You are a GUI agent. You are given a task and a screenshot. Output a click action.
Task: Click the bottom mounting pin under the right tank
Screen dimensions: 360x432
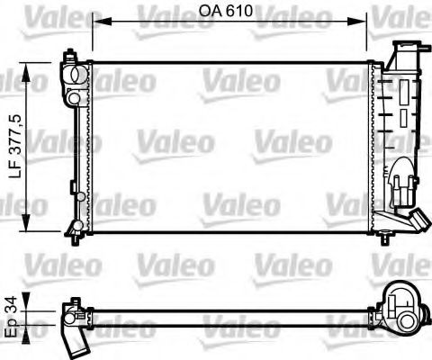(x=386, y=238)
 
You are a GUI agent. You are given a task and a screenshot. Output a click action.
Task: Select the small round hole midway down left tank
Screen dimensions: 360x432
(x=80, y=195)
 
